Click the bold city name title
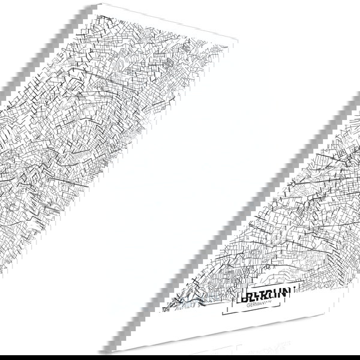pyautogui.click(x=264, y=293)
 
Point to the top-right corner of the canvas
pyautogui.click(x=238, y=42)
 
